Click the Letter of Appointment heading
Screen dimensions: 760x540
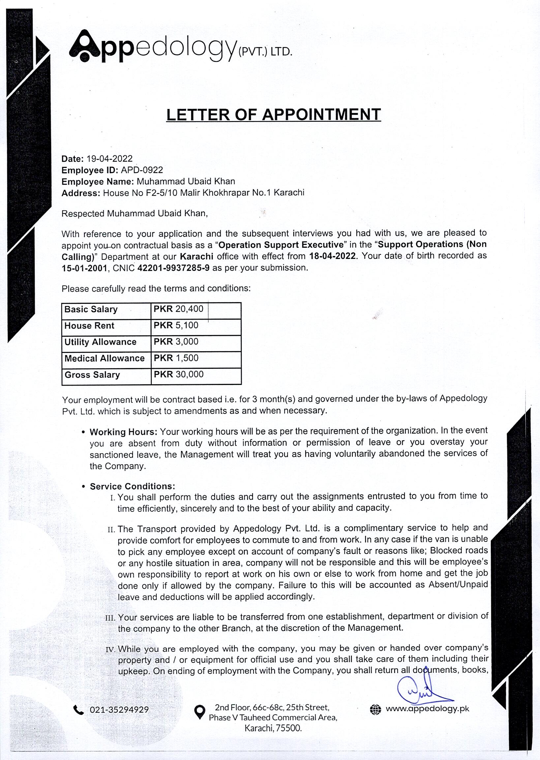click(273, 115)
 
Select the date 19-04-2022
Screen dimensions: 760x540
click(109, 159)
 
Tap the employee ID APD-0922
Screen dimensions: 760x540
click(142, 170)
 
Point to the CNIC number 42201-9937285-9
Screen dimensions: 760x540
click(173, 268)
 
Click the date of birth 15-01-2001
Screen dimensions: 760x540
click(84, 268)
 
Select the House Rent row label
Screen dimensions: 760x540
click(89, 326)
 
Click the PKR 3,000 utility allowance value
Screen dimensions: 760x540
click(176, 342)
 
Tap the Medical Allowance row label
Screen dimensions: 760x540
click(105, 358)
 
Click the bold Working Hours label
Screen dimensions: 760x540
click(123, 432)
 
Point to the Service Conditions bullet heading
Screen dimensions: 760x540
click(132, 486)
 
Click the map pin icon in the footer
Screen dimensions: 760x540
click(199, 712)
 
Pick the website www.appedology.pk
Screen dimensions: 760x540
click(427, 709)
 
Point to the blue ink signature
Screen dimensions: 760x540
click(421, 690)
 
